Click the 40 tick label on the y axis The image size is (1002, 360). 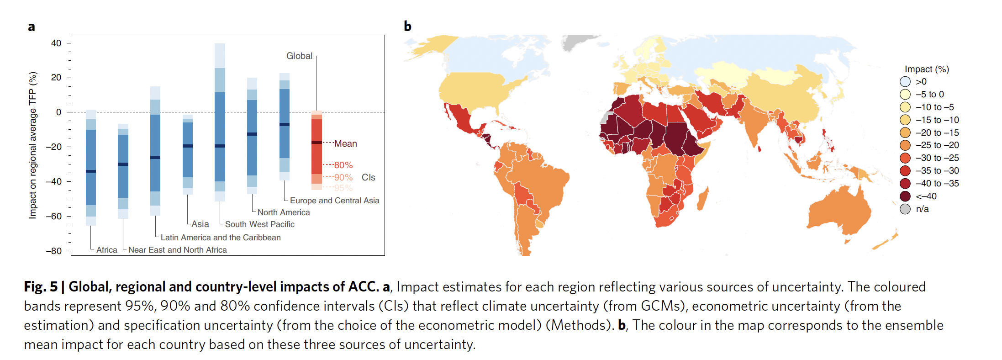click(x=56, y=43)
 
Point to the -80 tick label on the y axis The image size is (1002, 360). click(x=54, y=251)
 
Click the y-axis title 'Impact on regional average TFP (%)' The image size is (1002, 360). click(x=32, y=145)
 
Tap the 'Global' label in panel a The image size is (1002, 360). click(x=299, y=56)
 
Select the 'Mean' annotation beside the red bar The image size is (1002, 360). click(x=345, y=143)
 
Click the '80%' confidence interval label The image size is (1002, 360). click(x=343, y=165)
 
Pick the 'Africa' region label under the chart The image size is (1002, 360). click(x=106, y=250)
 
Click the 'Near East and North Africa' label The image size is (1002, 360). click(x=177, y=250)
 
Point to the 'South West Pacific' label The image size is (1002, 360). click(x=259, y=224)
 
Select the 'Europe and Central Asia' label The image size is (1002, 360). click(x=334, y=201)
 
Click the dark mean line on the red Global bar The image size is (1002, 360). click(x=316, y=143)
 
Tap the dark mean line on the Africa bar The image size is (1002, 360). click(x=91, y=171)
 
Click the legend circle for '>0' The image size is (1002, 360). click(x=905, y=82)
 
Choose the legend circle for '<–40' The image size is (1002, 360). click(x=905, y=196)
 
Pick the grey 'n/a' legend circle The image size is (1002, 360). click(x=905, y=209)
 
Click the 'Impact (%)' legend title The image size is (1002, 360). click(x=927, y=69)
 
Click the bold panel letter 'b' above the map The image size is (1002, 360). click(x=407, y=26)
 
